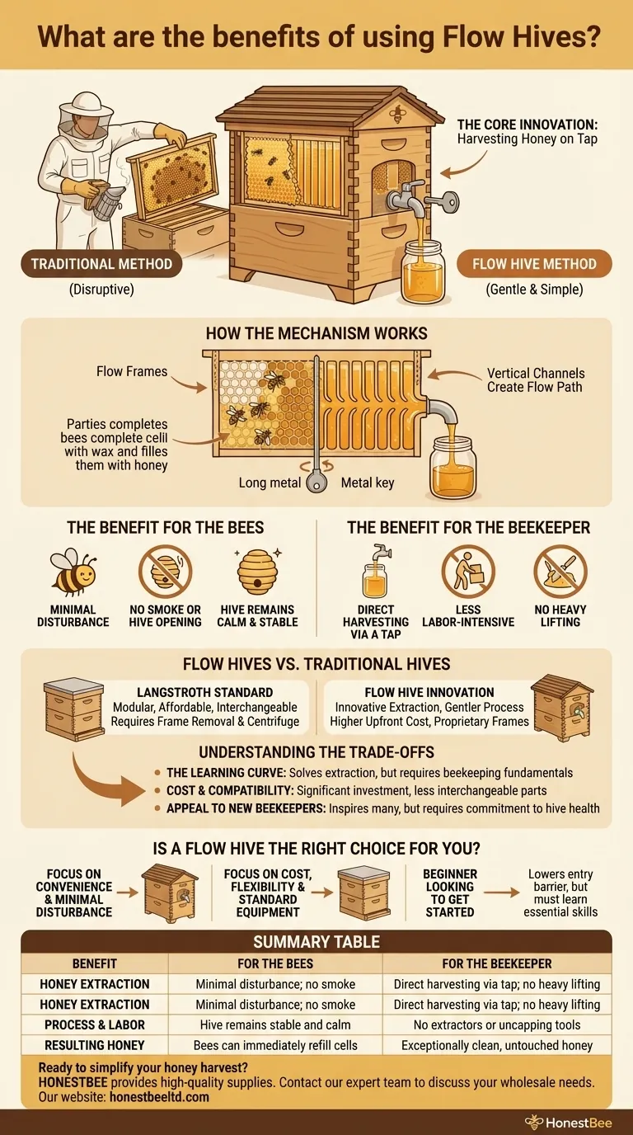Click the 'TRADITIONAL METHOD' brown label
pyautogui.click(x=101, y=264)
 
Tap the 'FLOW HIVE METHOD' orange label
pyautogui.click(x=534, y=264)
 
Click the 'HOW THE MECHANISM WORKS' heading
pyautogui.click(x=316, y=335)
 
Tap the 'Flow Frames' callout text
pyautogui.click(x=132, y=371)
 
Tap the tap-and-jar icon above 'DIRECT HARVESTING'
pyautogui.click(x=376, y=571)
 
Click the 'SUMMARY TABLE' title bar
pyautogui.click(x=316, y=941)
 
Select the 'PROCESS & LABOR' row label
pyautogui.click(x=95, y=1024)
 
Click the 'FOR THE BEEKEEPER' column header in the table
pyautogui.click(x=497, y=963)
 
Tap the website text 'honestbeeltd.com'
pyautogui.click(x=159, y=1097)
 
